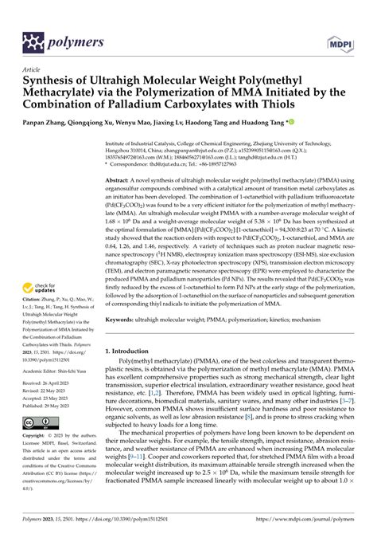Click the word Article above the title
[x=31, y=69]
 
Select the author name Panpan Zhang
[x=47, y=124]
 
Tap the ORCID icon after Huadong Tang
[x=290, y=124]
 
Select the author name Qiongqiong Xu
[x=103, y=124]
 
